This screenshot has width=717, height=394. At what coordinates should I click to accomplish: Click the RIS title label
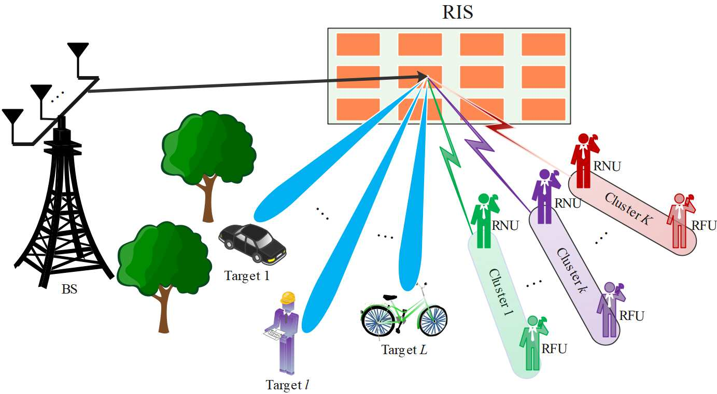457,12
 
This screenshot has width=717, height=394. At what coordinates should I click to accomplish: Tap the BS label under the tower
69,289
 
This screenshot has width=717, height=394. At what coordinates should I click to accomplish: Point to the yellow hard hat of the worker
288,298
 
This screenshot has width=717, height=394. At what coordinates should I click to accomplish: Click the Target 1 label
247,276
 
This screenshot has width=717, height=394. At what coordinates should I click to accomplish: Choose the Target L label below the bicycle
404,350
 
